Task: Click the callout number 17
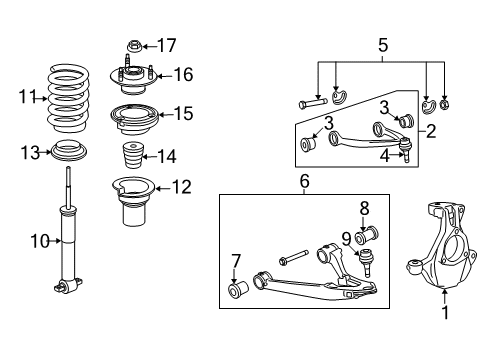pyautogui.click(x=167, y=44)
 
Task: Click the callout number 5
pyautogui.click(x=381, y=44)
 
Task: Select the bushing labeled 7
pyautogui.click(x=240, y=291)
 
